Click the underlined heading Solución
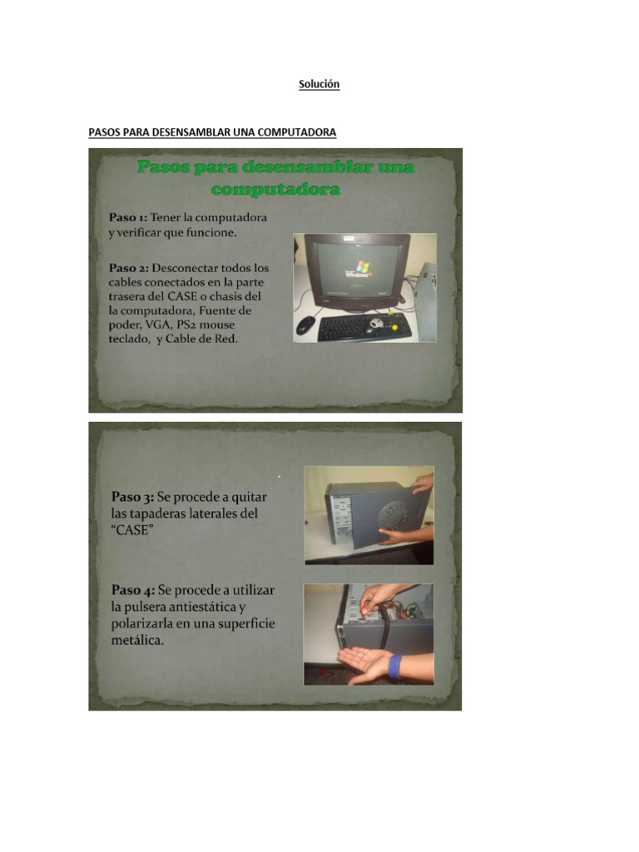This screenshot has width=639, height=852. coord(319,84)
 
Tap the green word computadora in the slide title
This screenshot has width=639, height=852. coord(275,189)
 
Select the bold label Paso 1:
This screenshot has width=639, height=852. coord(127,217)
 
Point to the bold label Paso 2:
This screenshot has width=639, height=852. coord(129,268)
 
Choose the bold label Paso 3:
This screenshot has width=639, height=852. coord(132,497)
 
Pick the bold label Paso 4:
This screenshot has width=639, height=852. coord(133,590)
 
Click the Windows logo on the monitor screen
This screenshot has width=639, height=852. coord(361,267)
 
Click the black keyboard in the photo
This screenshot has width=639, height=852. coord(364,328)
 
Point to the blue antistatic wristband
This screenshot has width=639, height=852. coord(395,666)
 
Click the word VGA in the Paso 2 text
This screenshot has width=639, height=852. coord(157,325)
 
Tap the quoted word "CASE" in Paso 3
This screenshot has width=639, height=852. coord(132,530)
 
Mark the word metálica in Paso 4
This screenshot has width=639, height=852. coord(137,640)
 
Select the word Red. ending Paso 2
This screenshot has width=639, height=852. coord(227,339)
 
